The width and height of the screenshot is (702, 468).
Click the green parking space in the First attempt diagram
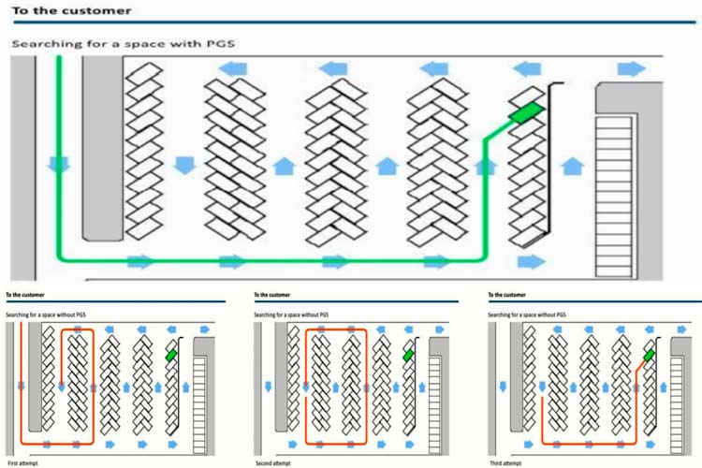(171, 356)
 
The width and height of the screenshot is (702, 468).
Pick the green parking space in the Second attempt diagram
(408, 356)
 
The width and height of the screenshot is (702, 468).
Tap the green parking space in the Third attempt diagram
(648, 356)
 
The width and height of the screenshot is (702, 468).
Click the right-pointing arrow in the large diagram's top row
(632, 68)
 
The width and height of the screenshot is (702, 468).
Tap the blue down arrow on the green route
(59, 166)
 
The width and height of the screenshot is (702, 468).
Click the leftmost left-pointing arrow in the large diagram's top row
(233, 68)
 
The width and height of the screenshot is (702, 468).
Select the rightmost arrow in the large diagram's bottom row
(531, 261)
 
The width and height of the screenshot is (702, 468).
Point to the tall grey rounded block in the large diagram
(96, 150)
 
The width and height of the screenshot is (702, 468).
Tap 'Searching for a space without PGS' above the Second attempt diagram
(296, 314)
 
